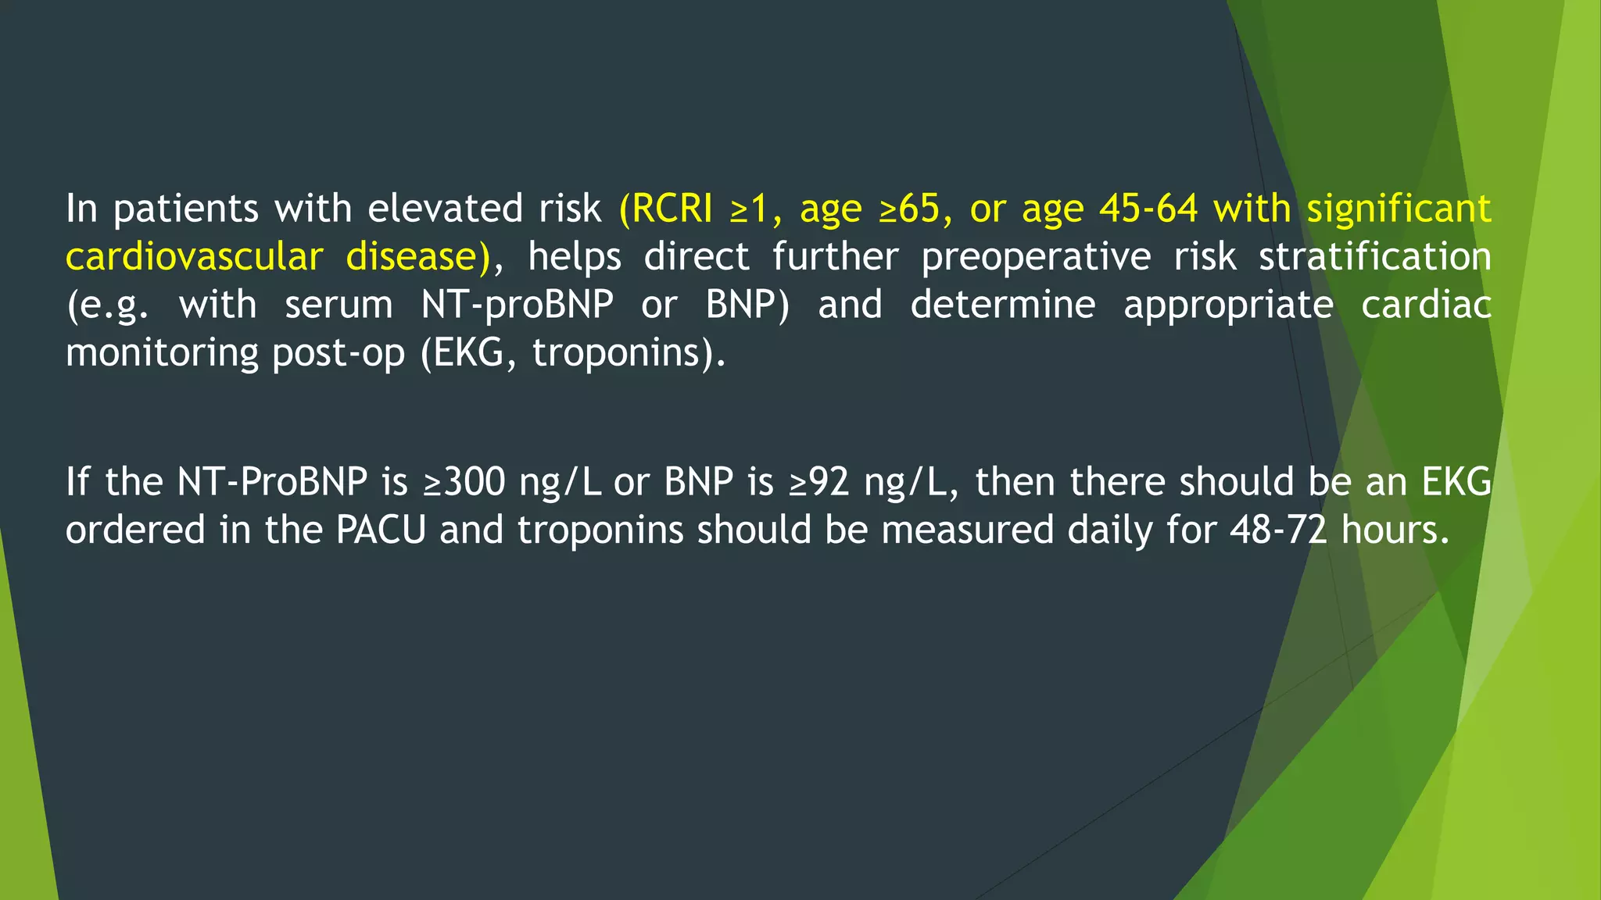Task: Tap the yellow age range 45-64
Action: click(1148, 209)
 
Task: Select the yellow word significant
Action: click(1399, 209)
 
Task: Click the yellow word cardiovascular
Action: click(194, 257)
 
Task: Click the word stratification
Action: click(1374, 257)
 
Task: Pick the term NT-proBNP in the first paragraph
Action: click(517, 305)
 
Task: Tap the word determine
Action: click(1002, 305)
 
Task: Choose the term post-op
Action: click(338, 353)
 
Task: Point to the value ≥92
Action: click(818, 482)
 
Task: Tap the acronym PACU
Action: click(381, 530)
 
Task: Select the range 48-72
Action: click(1278, 530)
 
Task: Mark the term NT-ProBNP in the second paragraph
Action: click(272, 482)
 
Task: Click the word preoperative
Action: click(1036, 257)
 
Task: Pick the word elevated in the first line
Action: click(445, 209)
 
